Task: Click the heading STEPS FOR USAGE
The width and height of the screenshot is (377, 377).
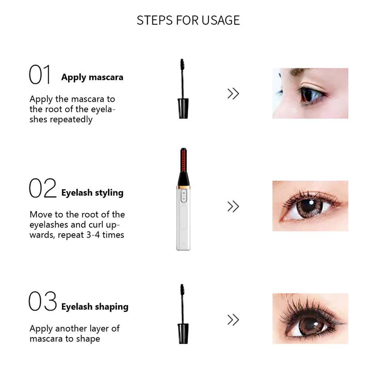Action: [188, 20]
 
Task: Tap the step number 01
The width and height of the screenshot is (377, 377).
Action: [40, 75]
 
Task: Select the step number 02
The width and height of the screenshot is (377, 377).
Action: [43, 188]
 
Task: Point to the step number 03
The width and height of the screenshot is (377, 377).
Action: [43, 301]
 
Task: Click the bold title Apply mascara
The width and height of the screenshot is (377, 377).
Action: [92, 77]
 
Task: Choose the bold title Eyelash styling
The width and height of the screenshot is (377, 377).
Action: [92, 193]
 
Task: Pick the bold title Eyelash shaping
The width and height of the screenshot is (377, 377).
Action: [95, 307]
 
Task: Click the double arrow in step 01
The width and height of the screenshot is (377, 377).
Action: [233, 94]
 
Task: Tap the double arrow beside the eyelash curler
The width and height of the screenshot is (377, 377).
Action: [233, 207]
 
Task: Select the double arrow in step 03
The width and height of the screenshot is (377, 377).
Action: [233, 320]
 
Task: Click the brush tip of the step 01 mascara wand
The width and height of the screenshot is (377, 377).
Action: [182, 65]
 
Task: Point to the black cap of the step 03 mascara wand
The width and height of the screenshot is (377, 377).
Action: [183, 334]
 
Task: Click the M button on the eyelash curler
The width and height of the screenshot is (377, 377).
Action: [184, 193]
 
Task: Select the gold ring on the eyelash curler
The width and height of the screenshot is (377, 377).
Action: [183, 187]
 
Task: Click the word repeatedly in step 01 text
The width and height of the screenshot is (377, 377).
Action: [71, 120]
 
